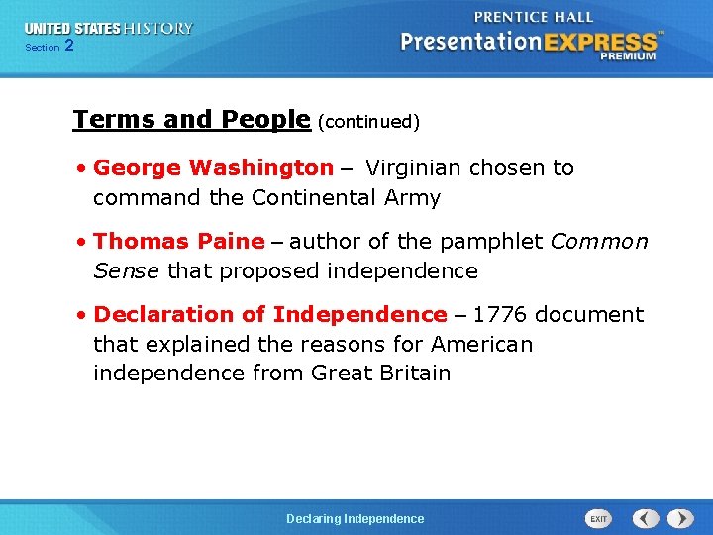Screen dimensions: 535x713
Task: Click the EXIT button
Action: pyautogui.click(x=599, y=519)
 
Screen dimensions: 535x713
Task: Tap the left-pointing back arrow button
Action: pyautogui.click(x=646, y=519)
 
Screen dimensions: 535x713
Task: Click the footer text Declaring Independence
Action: pyautogui.click(x=355, y=519)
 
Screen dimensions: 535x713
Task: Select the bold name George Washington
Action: pyautogui.click(x=213, y=168)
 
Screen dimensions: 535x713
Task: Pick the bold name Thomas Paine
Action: pyautogui.click(x=179, y=242)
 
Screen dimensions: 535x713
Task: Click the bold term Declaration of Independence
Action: pyautogui.click(x=270, y=315)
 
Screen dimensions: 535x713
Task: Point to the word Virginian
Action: pyautogui.click(x=414, y=168)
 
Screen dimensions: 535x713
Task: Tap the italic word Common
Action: pyautogui.click(x=599, y=242)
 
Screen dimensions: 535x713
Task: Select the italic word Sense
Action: pyautogui.click(x=127, y=271)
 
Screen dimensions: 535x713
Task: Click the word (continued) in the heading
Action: pyautogui.click(x=368, y=122)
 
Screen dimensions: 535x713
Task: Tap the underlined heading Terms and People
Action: pyautogui.click(x=191, y=120)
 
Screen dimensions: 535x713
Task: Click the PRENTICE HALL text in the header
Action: pyautogui.click(x=534, y=17)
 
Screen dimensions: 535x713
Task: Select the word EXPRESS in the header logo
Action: pyautogui.click(x=597, y=43)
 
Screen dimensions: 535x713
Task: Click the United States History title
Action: pyautogui.click(x=109, y=29)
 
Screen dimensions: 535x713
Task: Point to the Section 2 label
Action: pyautogui.click(x=49, y=47)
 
